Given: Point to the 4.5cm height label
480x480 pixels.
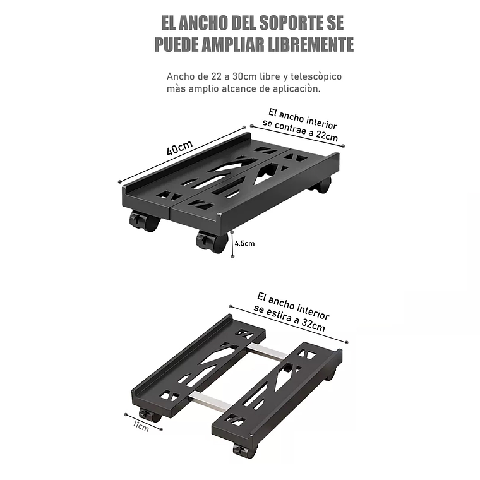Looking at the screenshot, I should pos(244,243).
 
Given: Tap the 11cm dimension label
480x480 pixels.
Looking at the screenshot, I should pos(140,426).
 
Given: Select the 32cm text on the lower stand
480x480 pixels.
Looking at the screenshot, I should pos(313,326).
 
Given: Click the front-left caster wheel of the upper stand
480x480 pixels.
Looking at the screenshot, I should pos(142,221).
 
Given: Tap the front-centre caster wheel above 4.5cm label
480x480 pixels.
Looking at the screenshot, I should pos(210,241).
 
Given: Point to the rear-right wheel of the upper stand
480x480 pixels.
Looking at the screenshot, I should pos(323,186).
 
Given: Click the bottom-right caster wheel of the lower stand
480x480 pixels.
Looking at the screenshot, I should pos(241,450).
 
